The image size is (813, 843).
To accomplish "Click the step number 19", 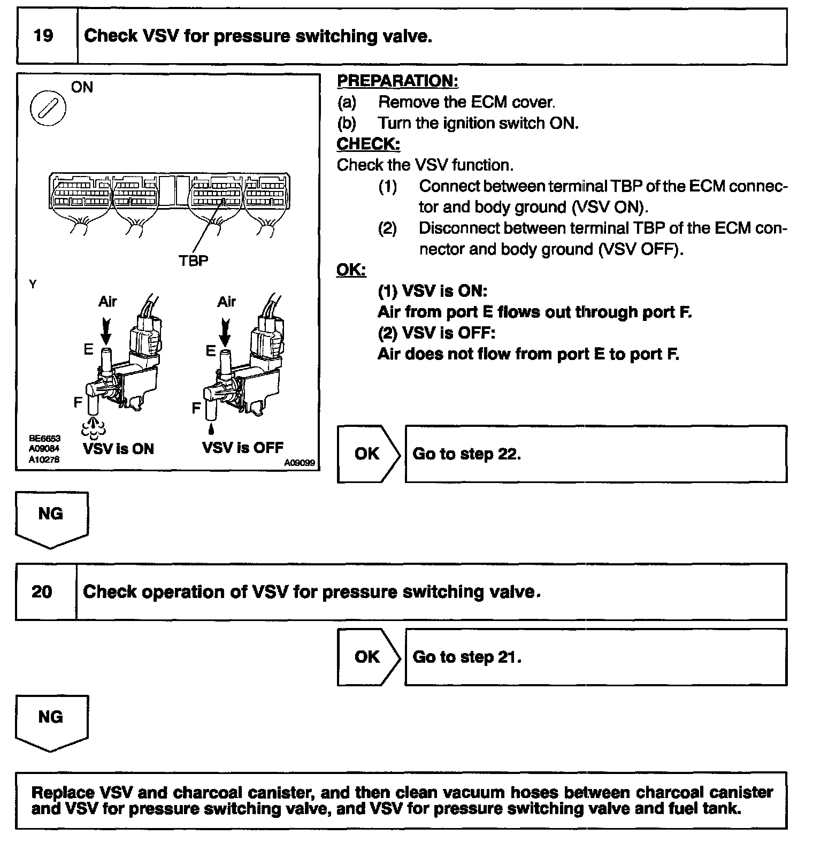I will click(43, 36).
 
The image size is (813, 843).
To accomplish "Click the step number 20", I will click(42, 592).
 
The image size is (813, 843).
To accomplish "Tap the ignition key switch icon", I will click(49, 109).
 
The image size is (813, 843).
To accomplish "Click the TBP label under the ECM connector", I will click(193, 260).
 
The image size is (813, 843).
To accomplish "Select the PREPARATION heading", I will click(397, 81).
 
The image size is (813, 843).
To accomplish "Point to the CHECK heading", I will click(368, 144).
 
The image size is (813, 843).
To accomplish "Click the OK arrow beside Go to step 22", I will click(367, 454).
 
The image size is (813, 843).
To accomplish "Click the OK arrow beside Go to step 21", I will click(367, 657).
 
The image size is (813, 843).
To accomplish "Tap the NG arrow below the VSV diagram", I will click(51, 517).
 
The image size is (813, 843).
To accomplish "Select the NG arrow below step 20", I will click(51, 720).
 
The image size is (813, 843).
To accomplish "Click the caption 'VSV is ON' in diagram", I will click(118, 448).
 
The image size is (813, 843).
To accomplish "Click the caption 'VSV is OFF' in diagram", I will click(242, 447).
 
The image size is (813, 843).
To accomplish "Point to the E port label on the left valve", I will click(88, 349).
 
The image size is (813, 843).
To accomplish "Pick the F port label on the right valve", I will click(196, 408).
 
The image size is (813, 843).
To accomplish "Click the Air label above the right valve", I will click(226, 302).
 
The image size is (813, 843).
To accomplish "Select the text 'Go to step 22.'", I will click(466, 454).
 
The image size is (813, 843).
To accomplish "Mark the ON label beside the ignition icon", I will click(82, 87).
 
